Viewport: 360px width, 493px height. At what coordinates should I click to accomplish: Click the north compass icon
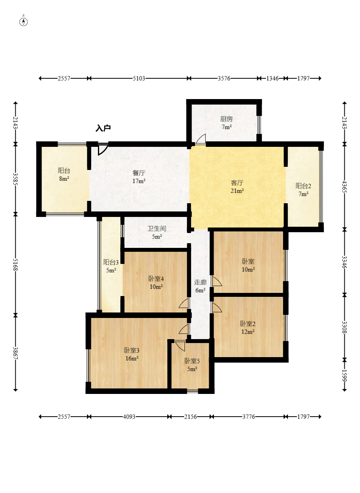tap(24, 22)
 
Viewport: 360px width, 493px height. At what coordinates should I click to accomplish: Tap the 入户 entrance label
tap(103, 128)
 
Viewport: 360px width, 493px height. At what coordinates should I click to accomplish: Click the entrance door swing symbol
tap(103, 150)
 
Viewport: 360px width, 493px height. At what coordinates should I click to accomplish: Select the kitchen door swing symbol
tap(201, 139)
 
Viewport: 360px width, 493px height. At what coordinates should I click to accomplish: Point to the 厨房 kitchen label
tap(226, 119)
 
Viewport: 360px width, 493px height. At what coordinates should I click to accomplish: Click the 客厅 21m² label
tap(237, 187)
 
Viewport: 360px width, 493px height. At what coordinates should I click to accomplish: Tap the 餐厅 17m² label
tap(139, 177)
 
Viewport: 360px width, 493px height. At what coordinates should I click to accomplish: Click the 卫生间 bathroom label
tap(157, 229)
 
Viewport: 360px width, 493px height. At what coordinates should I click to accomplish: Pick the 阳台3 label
tap(111, 262)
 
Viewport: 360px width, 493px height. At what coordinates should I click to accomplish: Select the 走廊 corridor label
tap(200, 282)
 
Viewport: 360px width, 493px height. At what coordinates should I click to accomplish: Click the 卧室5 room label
tap(192, 361)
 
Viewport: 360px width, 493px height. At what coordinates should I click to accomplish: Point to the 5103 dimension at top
tap(139, 78)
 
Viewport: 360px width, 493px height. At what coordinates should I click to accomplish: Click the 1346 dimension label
tap(273, 78)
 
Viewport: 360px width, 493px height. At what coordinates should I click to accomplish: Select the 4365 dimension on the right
tap(345, 187)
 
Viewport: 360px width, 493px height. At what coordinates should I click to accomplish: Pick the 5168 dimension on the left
tap(15, 264)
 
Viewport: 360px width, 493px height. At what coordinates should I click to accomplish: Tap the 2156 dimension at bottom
tap(191, 417)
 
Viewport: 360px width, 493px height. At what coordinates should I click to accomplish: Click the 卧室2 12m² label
tap(248, 327)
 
